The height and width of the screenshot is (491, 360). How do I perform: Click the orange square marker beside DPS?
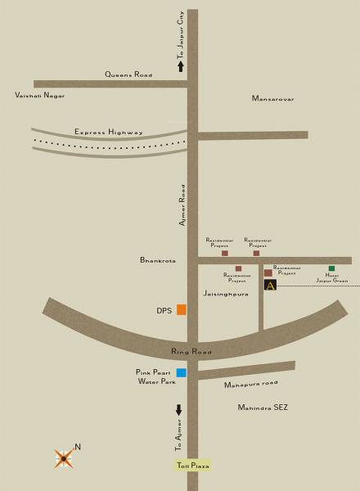click(x=182, y=309)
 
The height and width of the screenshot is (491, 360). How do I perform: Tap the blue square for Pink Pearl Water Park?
click(x=182, y=372)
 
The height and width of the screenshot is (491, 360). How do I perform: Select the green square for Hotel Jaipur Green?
click(x=331, y=268)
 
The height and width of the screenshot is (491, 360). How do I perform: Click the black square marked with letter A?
click(x=270, y=285)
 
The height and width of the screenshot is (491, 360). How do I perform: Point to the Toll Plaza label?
click(x=193, y=466)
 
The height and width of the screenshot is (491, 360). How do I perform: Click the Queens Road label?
click(x=128, y=74)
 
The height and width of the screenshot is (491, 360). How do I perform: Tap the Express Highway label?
click(x=109, y=132)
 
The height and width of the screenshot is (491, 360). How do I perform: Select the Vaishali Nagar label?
click(x=39, y=96)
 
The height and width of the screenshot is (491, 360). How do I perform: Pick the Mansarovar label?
click(x=272, y=99)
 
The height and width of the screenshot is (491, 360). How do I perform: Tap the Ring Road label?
click(x=191, y=352)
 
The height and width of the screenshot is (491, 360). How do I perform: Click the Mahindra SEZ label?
click(x=263, y=407)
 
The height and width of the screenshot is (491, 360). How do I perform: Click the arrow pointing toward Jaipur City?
click(x=181, y=67)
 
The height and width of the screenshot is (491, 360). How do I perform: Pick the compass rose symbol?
click(x=64, y=458)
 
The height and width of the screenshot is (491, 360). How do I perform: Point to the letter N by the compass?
click(x=78, y=447)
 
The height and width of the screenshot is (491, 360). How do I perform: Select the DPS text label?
click(x=164, y=311)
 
